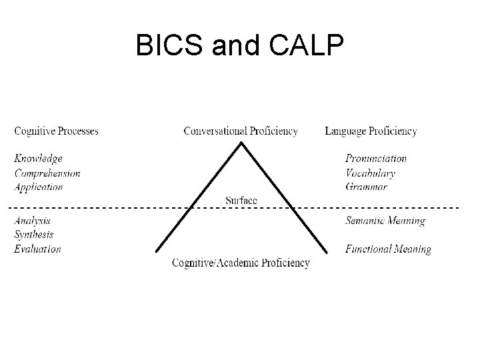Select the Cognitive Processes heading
pyautogui.click(x=57, y=131)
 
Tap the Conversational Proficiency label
pyautogui.click(x=241, y=131)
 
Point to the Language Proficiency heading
pyautogui.click(x=371, y=131)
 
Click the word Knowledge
pyautogui.click(x=39, y=159)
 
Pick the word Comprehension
pyautogui.click(x=47, y=173)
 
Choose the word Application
pyautogui.click(x=39, y=187)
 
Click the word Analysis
pyautogui.click(x=32, y=221)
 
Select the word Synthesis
pyautogui.click(x=34, y=235)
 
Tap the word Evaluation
pyautogui.click(x=37, y=249)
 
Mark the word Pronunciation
pyautogui.click(x=376, y=159)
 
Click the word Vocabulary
pyautogui.click(x=370, y=173)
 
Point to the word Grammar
pyautogui.click(x=366, y=187)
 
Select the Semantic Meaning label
pyautogui.click(x=385, y=221)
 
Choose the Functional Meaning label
pyautogui.click(x=388, y=250)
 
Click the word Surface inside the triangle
pyautogui.click(x=241, y=200)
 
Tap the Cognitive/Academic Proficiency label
pyautogui.click(x=241, y=263)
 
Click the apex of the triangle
pyautogui.click(x=241, y=143)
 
